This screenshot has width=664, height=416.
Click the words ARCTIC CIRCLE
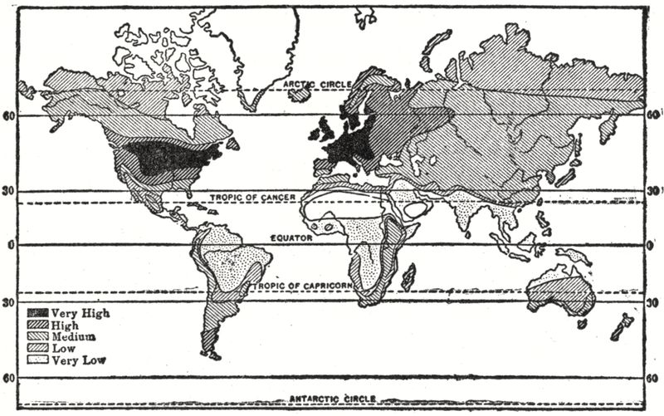(315, 85)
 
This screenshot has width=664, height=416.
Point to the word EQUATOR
(290, 237)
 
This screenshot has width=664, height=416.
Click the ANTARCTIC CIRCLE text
(332, 399)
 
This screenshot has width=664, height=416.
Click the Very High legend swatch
(38, 313)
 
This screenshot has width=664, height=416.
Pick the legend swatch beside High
(38, 325)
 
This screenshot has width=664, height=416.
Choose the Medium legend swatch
(38, 336)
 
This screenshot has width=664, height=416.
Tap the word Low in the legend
(62, 348)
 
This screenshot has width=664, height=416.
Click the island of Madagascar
(408, 276)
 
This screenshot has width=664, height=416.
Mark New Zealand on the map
(621, 325)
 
